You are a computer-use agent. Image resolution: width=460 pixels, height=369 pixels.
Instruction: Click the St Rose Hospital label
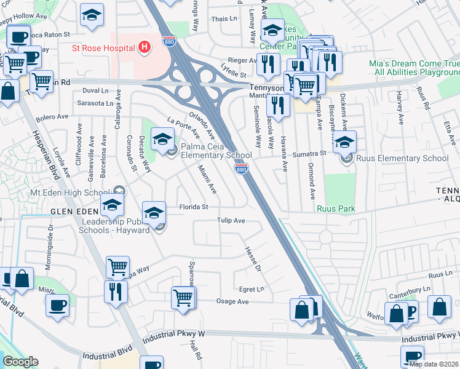103,47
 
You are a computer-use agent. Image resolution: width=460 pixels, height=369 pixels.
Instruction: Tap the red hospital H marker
145,47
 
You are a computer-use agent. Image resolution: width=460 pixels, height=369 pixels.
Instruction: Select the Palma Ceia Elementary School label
216,151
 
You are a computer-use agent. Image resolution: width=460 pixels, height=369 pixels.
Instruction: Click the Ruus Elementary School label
403,158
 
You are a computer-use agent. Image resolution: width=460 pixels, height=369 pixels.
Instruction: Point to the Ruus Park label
336,208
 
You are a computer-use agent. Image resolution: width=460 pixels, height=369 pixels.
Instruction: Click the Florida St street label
193,207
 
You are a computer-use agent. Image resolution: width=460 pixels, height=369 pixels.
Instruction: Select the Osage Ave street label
232,301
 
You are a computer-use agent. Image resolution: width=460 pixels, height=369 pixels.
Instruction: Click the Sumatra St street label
308,154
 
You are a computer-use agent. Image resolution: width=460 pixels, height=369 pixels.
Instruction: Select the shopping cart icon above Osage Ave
183,298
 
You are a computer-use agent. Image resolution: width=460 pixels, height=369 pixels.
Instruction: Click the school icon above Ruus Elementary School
345,141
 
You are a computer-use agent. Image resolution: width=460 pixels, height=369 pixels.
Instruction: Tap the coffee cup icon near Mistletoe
58,304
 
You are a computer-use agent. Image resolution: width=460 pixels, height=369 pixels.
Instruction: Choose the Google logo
21,362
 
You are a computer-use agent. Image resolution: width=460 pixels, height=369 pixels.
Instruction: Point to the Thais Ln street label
224,19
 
